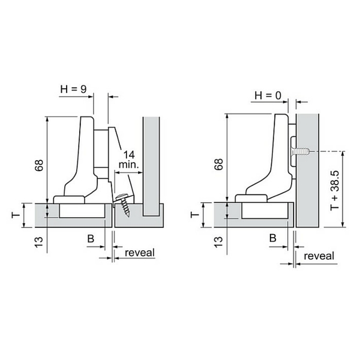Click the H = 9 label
pyautogui.click(x=73, y=89)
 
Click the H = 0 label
pyautogui.click(x=268, y=95)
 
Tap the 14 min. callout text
pyautogui.click(x=129, y=160)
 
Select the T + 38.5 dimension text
pyautogui.click(x=335, y=190)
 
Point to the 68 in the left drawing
pyautogui.click(x=39, y=165)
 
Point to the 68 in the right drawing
pyautogui.click(x=219, y=164)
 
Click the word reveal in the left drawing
pyautogui.click(x=140, y=253)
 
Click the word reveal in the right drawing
pyautogui.click(x=319, y=256)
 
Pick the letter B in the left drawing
pyautogui.click(x=91, y=239)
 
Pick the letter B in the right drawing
pyautogui.click(x=273, y=238)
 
